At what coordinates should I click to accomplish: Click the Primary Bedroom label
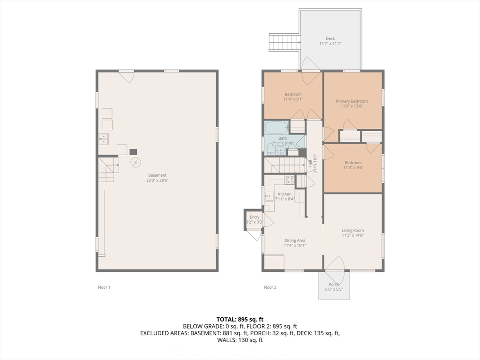click(x=352, y=101)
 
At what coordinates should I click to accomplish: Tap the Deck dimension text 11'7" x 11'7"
click(x=330, y=44)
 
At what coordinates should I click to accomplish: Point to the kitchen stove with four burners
click(x=290, y=180)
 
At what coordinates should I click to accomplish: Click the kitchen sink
click(x=269, y=195)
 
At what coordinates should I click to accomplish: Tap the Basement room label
click(x=157, y=175)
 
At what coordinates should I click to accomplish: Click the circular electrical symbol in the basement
click(x=135, y=162)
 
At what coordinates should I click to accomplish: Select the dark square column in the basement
click(x=133, y=152)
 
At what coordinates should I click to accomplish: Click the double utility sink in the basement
click(x=104, y=139)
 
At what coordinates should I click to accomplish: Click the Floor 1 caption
click(x=104, y=287)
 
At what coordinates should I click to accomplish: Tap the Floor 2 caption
click(x=270, y=287)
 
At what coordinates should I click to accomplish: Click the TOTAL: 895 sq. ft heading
click(x=240, y=320)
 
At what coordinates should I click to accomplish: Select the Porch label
click(x=334, y=285)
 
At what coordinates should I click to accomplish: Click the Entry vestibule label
click(x=255, y=217)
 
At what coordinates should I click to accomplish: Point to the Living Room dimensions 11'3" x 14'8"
click(x=353, y=235)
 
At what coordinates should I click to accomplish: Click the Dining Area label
click(x=295, y=240)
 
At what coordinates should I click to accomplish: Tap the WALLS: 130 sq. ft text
click(x=240, y=340)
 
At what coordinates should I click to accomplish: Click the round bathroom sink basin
click(x=280, y=150)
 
